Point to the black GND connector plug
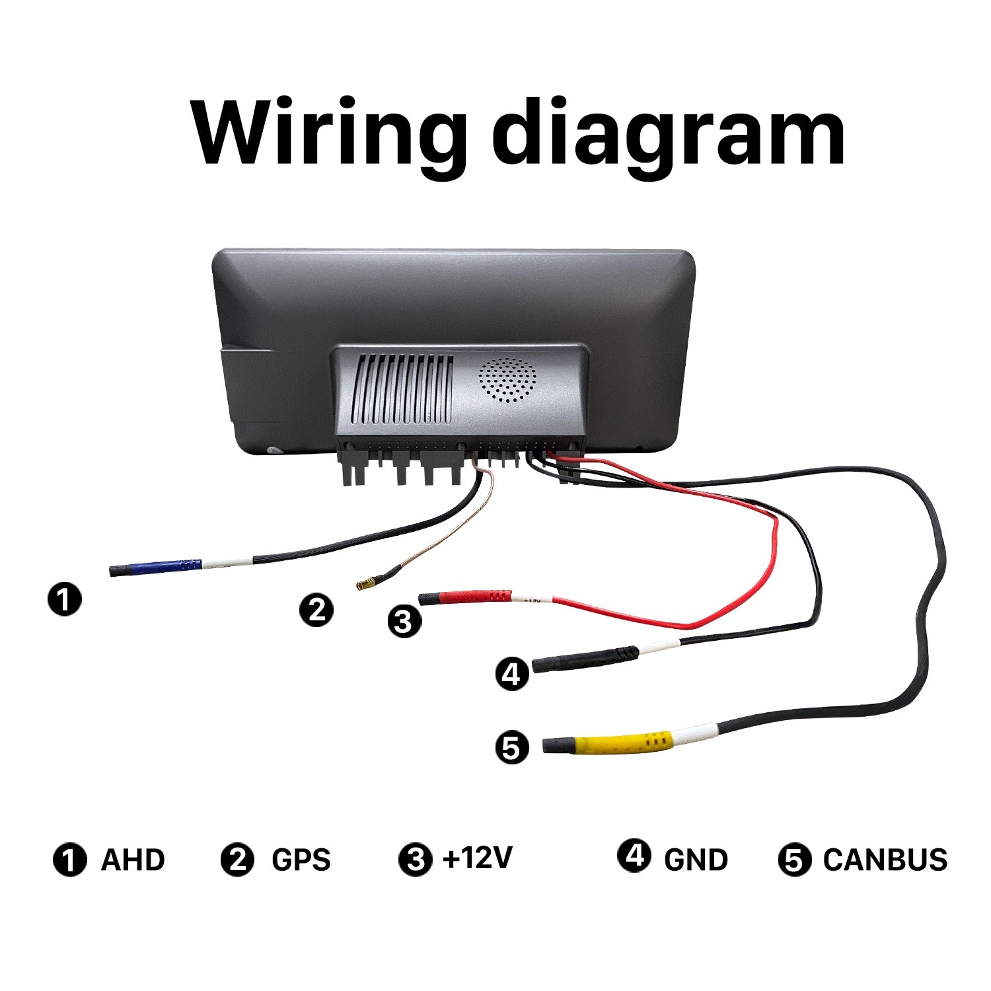[x=585, y=659]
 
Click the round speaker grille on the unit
[x=507, y=381]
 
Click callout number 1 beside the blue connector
[x=65, y=599]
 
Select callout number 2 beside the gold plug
[x=316, y=609]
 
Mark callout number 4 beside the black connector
[x=512, y=674]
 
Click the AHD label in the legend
[x=133, y=860]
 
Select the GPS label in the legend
[x=301, y=860]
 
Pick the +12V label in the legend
[x=478, y=858]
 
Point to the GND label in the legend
[x=696, y=860]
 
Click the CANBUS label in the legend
[x=885, y=860]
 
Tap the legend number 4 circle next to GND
[x=634, y=855]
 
